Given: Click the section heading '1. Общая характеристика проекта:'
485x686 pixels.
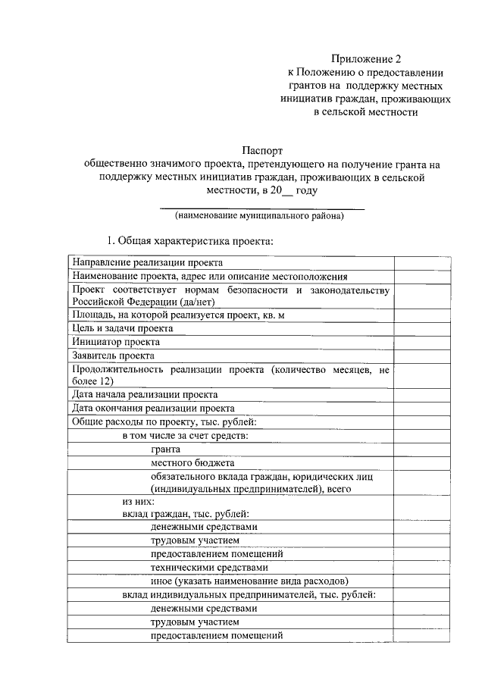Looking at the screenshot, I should tap(189, 241).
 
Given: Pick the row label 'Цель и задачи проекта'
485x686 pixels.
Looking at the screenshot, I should tap(123, 328).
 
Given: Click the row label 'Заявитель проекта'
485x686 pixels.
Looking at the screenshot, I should tap(114, 356).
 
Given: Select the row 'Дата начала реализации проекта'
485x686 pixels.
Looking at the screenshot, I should tap(145, 395).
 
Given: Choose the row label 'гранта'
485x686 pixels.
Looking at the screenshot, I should tap(165, 449).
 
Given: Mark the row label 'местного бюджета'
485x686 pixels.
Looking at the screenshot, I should tap(192, 462).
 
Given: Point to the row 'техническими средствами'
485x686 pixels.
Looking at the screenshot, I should tap(209, 567).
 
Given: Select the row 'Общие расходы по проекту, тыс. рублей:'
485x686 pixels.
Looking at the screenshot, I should tap(165, 421).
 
